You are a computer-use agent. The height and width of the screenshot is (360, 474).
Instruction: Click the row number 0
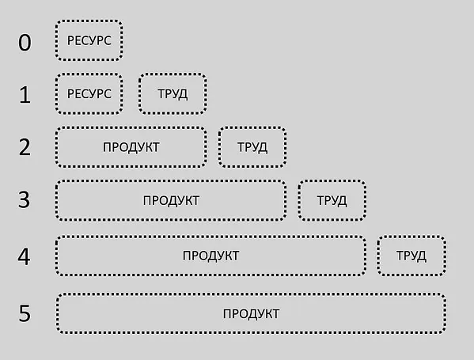25,42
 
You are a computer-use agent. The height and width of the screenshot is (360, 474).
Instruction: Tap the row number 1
25,95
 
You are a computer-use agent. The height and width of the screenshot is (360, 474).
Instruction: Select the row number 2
25,147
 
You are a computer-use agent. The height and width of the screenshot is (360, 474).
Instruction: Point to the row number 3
25,200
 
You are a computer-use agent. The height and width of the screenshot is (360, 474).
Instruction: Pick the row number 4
25,256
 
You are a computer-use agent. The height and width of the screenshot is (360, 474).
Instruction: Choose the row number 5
25,313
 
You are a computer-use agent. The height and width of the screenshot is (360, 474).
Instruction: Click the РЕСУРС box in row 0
89,40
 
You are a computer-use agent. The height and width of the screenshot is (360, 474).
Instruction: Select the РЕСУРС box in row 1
89,93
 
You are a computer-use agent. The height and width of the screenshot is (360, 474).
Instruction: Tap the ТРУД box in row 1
173,93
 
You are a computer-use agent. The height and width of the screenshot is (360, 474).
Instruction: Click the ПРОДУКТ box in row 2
131,147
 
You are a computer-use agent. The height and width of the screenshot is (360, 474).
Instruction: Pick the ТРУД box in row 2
252,147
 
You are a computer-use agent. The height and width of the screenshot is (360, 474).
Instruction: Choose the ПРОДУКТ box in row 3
171,200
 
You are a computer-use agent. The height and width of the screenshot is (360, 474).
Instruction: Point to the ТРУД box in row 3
332,200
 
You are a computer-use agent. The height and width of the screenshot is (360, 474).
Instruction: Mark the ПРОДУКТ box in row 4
210,256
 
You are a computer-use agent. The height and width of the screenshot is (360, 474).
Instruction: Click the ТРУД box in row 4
411,256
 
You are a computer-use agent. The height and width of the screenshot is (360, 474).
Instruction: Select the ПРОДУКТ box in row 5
251,313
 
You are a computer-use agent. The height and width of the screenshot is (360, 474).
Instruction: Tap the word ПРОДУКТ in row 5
251,314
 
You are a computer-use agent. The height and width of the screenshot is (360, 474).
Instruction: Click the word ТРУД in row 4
411,256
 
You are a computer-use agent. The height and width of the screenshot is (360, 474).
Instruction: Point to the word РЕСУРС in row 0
89,40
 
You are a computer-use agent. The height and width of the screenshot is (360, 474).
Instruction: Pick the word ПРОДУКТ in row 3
171,201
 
